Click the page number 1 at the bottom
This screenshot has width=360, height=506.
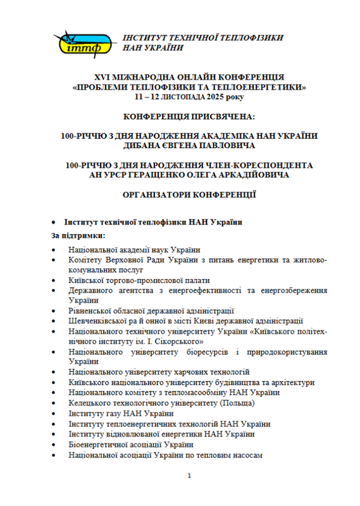click(181, 476)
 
